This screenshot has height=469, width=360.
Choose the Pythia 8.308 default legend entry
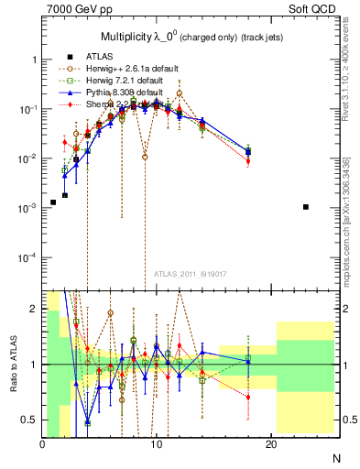121,93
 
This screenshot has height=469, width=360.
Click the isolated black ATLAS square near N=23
306,207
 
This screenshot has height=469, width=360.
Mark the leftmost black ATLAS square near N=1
53,202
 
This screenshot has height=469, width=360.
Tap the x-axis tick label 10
157,444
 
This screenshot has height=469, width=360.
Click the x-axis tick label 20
270,444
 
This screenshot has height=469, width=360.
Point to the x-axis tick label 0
42,444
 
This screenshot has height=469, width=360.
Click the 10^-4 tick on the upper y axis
27,257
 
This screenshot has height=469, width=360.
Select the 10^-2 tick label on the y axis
27,158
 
